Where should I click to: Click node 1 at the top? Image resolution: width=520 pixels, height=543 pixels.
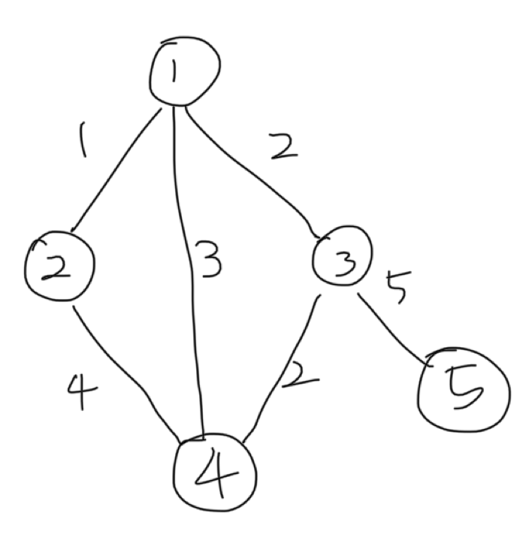184,72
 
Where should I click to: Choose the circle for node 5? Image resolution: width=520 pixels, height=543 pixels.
460,390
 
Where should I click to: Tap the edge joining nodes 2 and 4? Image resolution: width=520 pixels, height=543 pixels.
124,368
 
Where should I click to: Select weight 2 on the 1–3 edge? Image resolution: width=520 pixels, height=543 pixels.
283,146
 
